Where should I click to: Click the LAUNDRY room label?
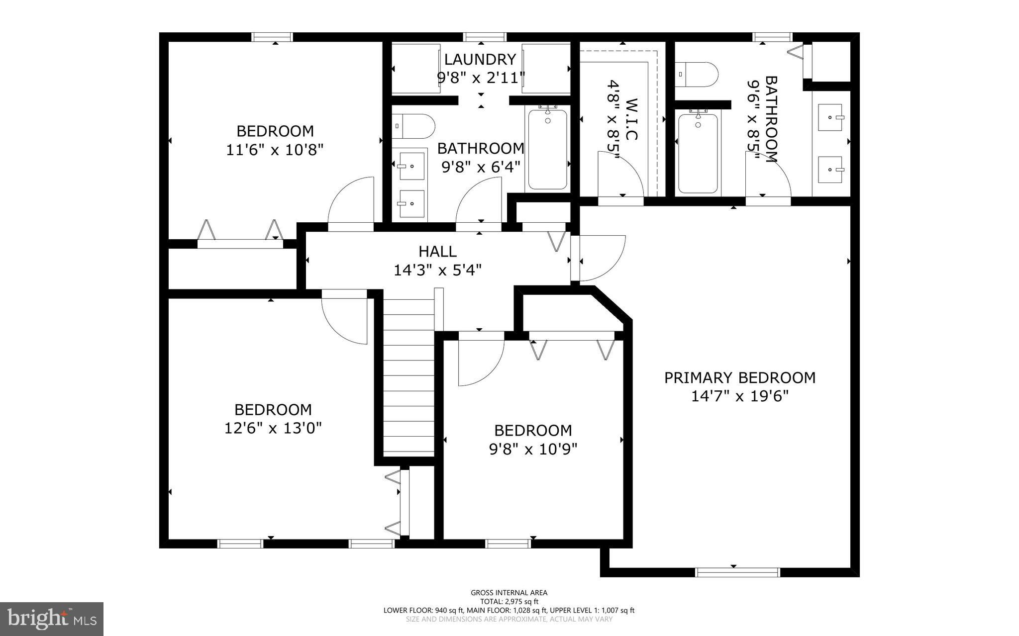point(480,60)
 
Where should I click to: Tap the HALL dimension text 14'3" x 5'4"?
point(437,270)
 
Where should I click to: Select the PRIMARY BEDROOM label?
point(740,377)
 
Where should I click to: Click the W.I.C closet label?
point(630,119)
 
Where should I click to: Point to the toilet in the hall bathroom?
point(412,126)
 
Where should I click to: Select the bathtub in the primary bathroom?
point(698,153)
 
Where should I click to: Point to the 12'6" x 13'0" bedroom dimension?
point(273,428)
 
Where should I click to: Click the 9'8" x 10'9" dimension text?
point(533,449)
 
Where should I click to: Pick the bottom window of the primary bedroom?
point(737,572)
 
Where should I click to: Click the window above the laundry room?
point(485,37)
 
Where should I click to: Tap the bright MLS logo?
point(52,619)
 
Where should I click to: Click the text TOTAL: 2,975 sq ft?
point(509,601)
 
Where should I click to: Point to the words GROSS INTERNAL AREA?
point(509,592)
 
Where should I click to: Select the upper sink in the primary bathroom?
point(829,118)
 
